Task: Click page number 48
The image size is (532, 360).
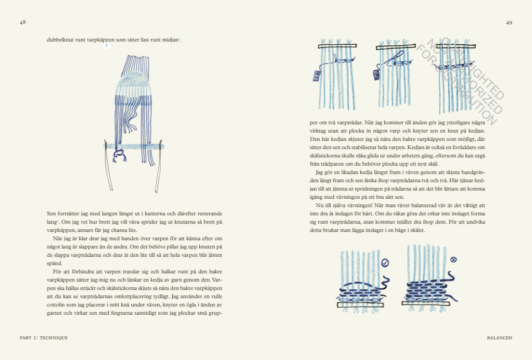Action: pos(23,22)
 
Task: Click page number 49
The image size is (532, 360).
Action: pos(509,22)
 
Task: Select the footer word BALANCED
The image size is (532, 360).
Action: pos(499,337)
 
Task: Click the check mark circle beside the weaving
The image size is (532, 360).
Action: pos(385,263)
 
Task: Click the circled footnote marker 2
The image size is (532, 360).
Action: pos(107,46)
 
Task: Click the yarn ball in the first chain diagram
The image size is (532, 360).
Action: pos(316,76)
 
